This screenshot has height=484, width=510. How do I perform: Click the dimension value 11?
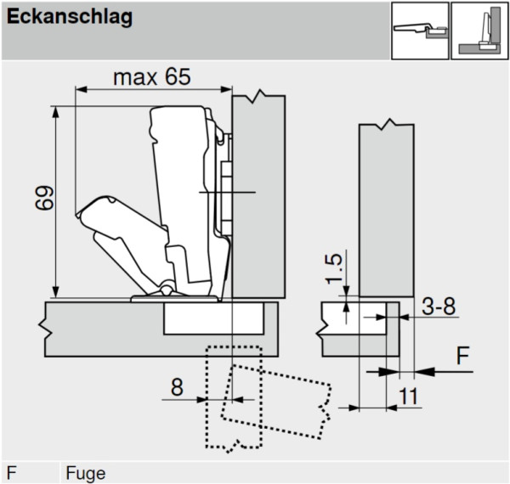tap(409, 395)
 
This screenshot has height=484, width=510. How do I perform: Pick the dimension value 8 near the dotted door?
tap(176, 387)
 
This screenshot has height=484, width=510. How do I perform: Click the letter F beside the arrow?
tap(462, 356)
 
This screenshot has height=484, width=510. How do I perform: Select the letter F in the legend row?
tap(12, 473)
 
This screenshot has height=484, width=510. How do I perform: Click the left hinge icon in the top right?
tap(418, 31)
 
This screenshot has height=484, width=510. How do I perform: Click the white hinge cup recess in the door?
tap(212, 319)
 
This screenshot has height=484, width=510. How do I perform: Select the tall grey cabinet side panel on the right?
tap(386, 208)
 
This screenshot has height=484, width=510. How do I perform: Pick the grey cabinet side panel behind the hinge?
tap(259, 195)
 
